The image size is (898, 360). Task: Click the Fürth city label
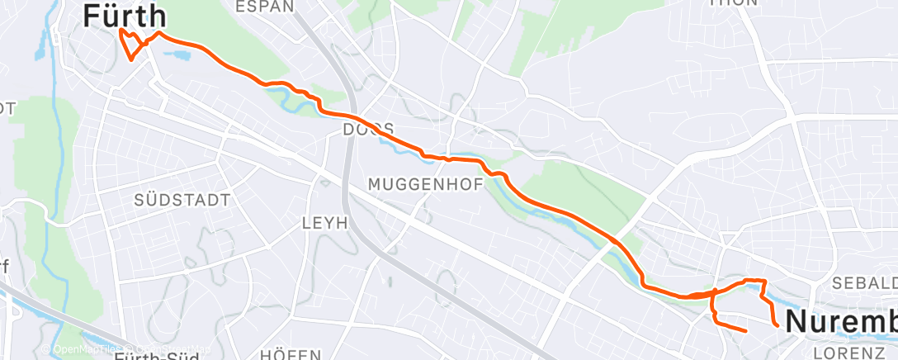(x=125, y=16)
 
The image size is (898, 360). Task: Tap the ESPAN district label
(x=264, y=7)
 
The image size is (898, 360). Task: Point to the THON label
(x=733, y=2)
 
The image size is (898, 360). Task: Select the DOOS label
(x=368, y=130)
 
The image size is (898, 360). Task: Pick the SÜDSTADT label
(x=182, y=201)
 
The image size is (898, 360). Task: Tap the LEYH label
(x=325, y=223)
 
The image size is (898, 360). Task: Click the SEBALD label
(x=863, y=283)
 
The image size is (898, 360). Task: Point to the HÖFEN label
(x=291, y=354)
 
